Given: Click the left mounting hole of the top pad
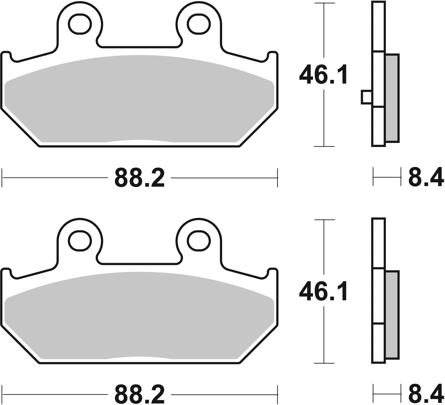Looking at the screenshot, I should (x=80, y=24).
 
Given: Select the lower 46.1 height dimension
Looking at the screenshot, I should (x=323, y=291).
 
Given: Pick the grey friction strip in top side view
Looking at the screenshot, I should (x=392, y=98).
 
